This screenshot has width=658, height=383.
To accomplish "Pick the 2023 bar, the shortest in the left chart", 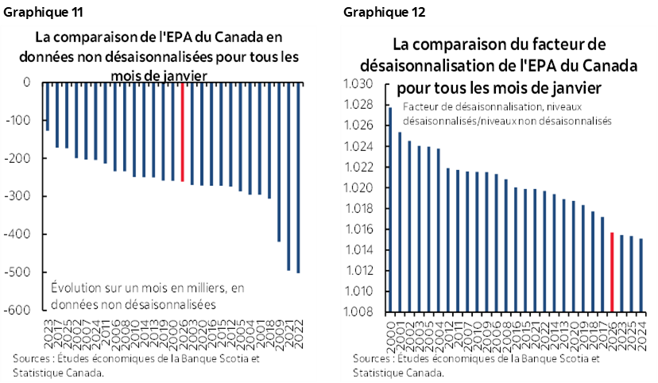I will point(48,106).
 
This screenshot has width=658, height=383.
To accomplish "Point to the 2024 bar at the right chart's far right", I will point(641,274).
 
